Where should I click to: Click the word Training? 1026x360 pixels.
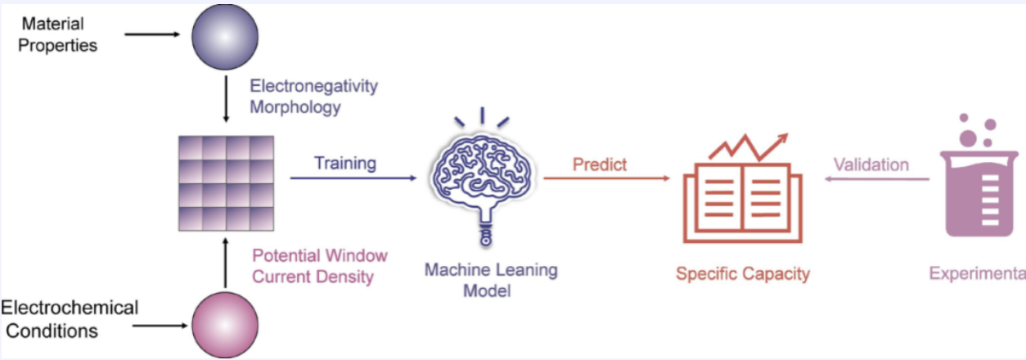345,163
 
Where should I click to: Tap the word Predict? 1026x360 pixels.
600,164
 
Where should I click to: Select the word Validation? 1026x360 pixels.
871,164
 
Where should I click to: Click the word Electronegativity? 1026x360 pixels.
314,86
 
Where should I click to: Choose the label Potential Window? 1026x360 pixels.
320,255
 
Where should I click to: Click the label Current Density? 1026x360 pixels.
313,277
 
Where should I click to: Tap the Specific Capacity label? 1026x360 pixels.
742,273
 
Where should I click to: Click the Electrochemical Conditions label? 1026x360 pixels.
70,319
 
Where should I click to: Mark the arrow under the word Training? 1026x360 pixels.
353,177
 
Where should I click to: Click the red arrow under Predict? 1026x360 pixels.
605,178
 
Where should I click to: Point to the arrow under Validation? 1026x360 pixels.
875,178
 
